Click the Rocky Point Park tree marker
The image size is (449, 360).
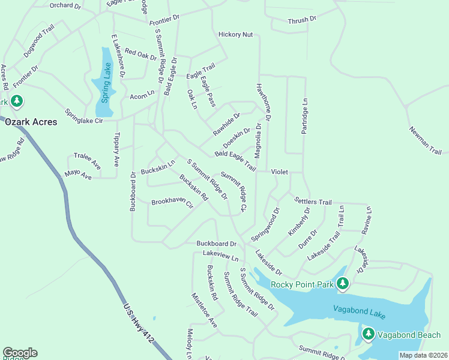pyautogui.click(x=343, y=283)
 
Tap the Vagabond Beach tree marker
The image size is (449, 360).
pyautogui.click(x=368, y=334)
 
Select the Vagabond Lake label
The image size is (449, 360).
pyautogui.click(x=357, y=311)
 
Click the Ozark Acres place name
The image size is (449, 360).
pyautogui.click(x=31, y=122)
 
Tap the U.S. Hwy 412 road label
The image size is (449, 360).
pyautogui.click(x=139, y=322)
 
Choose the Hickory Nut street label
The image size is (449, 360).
pyautogui.click(x=235, y=35)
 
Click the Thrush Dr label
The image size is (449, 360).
pyautogui.click(x=301, y=20)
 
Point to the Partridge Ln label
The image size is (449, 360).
pyautogui.click(x=305, y=116)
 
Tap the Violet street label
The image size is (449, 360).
pyautogui.click(x=279, y=172)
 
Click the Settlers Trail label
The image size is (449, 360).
pyautogui.click(x=313, y=202)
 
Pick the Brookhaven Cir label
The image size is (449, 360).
pyautogui.click(x=172, y=203)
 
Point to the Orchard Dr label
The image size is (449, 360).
pyautogui.click(x=65, y=5)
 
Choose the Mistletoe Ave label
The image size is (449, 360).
pyautogui.click(x=204, y=310)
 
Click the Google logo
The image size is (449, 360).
pyautogui.click(x=20, y=353)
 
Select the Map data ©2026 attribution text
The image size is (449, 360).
pyautogui.click(x=423, y=355)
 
